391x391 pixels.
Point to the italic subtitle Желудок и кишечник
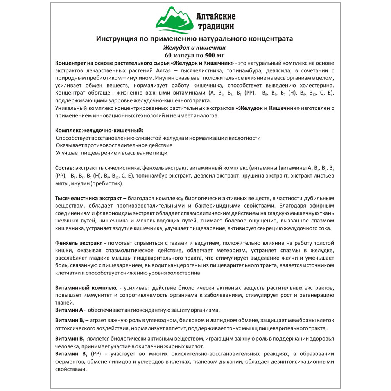(x=194, y=47)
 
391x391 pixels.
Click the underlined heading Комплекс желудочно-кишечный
(x=99, y=130)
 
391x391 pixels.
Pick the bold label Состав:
(x=65, y=167)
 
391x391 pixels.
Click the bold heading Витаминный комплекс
(x=86, y=287)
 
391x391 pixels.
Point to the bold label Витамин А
(x=69, y=310)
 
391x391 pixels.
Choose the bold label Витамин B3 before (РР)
(x=71, y=353)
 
